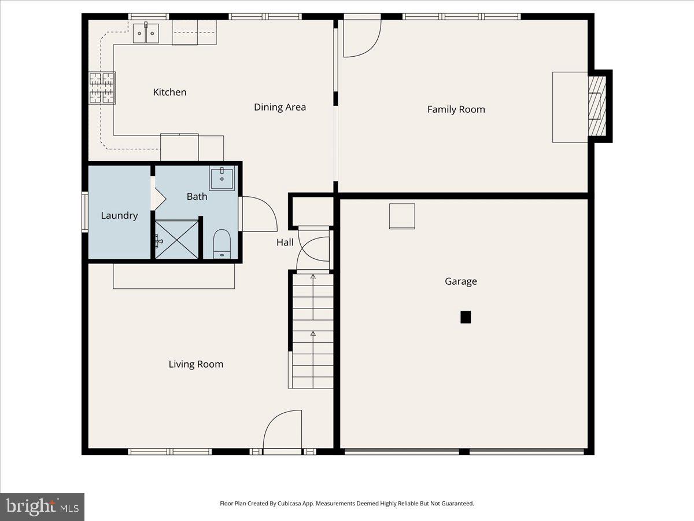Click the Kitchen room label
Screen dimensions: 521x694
tap(169, 92)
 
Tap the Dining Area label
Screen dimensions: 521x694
tap(280, 107)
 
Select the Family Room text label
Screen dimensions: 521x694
tap(456, 109)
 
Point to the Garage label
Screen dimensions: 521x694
tap(461, 281)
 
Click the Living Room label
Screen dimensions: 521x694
tap(195, 364)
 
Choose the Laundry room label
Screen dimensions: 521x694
tap(119, 215)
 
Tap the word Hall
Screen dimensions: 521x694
tap(285, 243)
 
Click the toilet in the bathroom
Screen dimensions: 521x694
tap(222, 243)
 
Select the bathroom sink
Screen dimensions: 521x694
tap(222, 179)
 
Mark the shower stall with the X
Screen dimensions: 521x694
tap(176, 239)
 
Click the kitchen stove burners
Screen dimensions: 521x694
tap(101, 87)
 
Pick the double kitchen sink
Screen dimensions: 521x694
tap(146, 34)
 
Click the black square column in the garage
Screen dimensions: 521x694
tap(466, 317)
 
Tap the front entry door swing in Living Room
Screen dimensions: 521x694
tap(282, 430)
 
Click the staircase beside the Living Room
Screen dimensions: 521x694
tap(312, 330)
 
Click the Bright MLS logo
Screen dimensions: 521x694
tap(42, 507)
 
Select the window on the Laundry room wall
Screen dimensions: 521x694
tap(85, 212)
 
